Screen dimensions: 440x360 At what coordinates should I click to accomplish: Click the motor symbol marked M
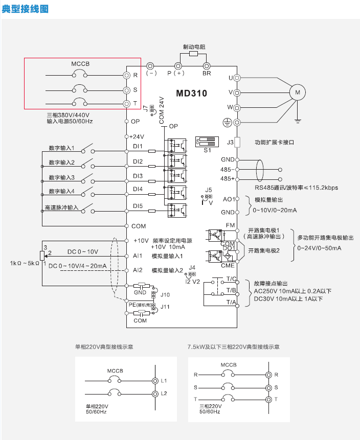(297, 92)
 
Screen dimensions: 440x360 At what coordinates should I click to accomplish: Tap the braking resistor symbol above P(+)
(193, 54)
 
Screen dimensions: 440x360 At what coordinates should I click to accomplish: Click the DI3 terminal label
(138, 176)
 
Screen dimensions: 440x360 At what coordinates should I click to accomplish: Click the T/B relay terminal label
(231, 290)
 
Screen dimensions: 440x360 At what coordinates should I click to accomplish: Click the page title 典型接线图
(25, 9)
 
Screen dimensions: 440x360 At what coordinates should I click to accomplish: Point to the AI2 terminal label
(138, 270)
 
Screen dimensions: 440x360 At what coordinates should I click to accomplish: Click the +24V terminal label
(137, 136)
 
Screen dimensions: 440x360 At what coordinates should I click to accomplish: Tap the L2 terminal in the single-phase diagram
(164, 393)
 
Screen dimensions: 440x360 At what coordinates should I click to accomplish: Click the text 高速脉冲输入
(62, 208)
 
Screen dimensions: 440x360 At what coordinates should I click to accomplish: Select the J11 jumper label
(165, 307)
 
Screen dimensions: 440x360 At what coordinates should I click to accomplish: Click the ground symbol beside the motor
(297, 121)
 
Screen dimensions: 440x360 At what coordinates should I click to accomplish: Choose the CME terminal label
(228, 265)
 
